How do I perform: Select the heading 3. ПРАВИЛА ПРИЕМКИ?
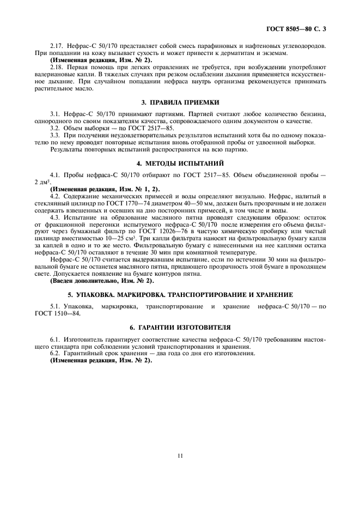[180, 102]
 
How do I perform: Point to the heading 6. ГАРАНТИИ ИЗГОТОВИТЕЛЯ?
[180, 327]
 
